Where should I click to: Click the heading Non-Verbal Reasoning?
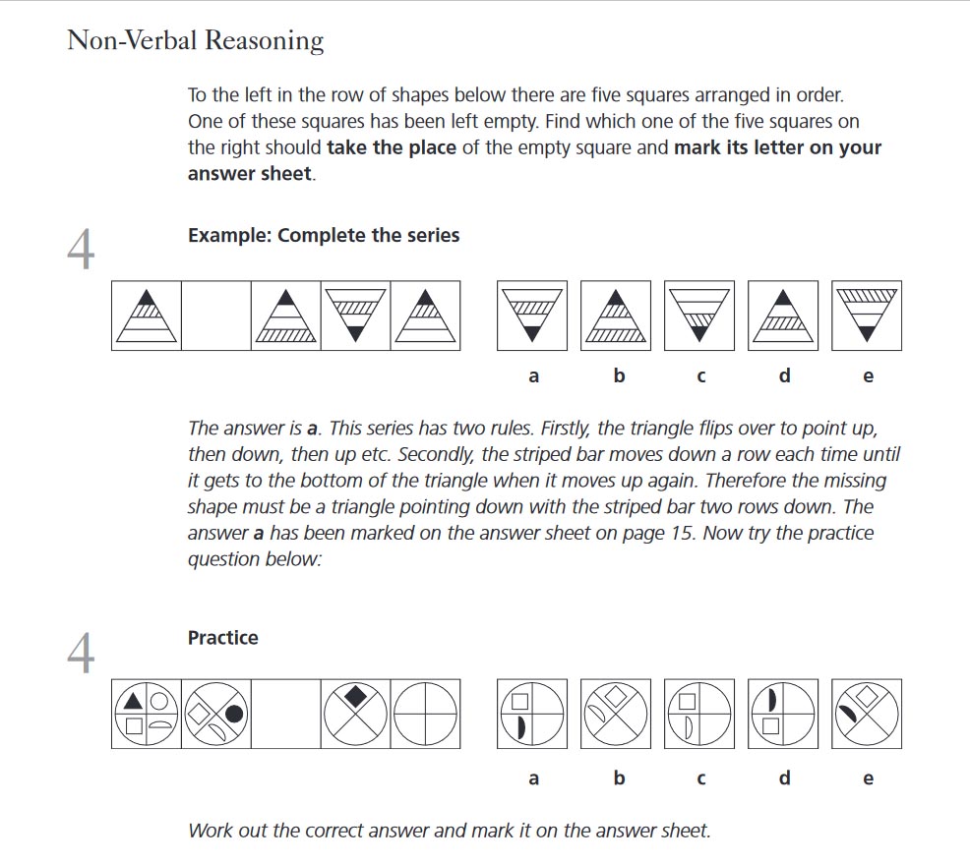(195, 41)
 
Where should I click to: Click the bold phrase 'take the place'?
(391, 148)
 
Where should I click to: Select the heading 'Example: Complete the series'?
(323, 236)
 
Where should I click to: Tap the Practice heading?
(222, 638)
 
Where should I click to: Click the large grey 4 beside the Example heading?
(81, 250)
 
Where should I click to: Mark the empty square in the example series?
(215, 316)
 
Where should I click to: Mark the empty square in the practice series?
(285, 714)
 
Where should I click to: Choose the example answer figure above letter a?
(532, 316)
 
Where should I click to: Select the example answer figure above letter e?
(867, 316)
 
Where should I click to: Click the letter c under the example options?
(700, 376)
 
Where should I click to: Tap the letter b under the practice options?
(618, 778)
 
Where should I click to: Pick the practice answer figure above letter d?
(783, 714)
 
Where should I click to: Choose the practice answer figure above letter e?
(867, 714)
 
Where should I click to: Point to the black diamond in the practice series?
(356, 697)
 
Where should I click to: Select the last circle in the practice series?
(425, 714)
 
